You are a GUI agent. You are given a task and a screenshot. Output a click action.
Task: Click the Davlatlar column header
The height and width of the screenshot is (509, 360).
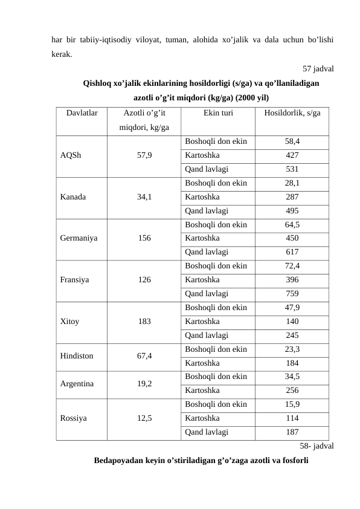[82, 112]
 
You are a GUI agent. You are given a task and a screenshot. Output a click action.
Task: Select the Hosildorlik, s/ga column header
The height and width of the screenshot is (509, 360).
[292, 112]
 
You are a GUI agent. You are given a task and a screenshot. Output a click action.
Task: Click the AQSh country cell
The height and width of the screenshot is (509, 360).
[70, 155]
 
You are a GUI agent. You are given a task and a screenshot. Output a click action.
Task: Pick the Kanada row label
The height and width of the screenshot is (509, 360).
[73, 196]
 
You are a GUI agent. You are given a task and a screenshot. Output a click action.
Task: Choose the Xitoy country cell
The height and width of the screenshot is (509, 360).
[70, 322]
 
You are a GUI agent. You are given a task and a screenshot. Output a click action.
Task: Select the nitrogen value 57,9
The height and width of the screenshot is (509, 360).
[144, 155]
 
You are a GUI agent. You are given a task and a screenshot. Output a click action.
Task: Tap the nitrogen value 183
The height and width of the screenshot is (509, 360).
[144, 322]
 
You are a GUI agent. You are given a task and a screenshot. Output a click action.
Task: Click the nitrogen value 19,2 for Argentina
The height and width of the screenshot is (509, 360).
[144, 383]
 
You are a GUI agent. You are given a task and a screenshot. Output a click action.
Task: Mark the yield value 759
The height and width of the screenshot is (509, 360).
[292, 294]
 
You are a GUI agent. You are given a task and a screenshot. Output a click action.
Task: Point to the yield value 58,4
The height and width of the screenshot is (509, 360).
[292, 141]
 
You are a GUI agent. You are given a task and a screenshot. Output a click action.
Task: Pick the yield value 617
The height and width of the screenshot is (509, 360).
[292, 252]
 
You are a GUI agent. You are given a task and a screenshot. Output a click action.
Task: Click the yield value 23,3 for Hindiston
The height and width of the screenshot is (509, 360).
[292, 349]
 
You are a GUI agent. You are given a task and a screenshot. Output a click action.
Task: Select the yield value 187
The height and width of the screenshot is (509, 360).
[292, 432]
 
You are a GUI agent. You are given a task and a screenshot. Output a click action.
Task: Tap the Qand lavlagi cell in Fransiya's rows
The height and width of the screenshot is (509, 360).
[207, 294]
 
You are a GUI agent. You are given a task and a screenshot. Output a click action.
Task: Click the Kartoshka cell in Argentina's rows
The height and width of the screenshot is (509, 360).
[202, 390]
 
